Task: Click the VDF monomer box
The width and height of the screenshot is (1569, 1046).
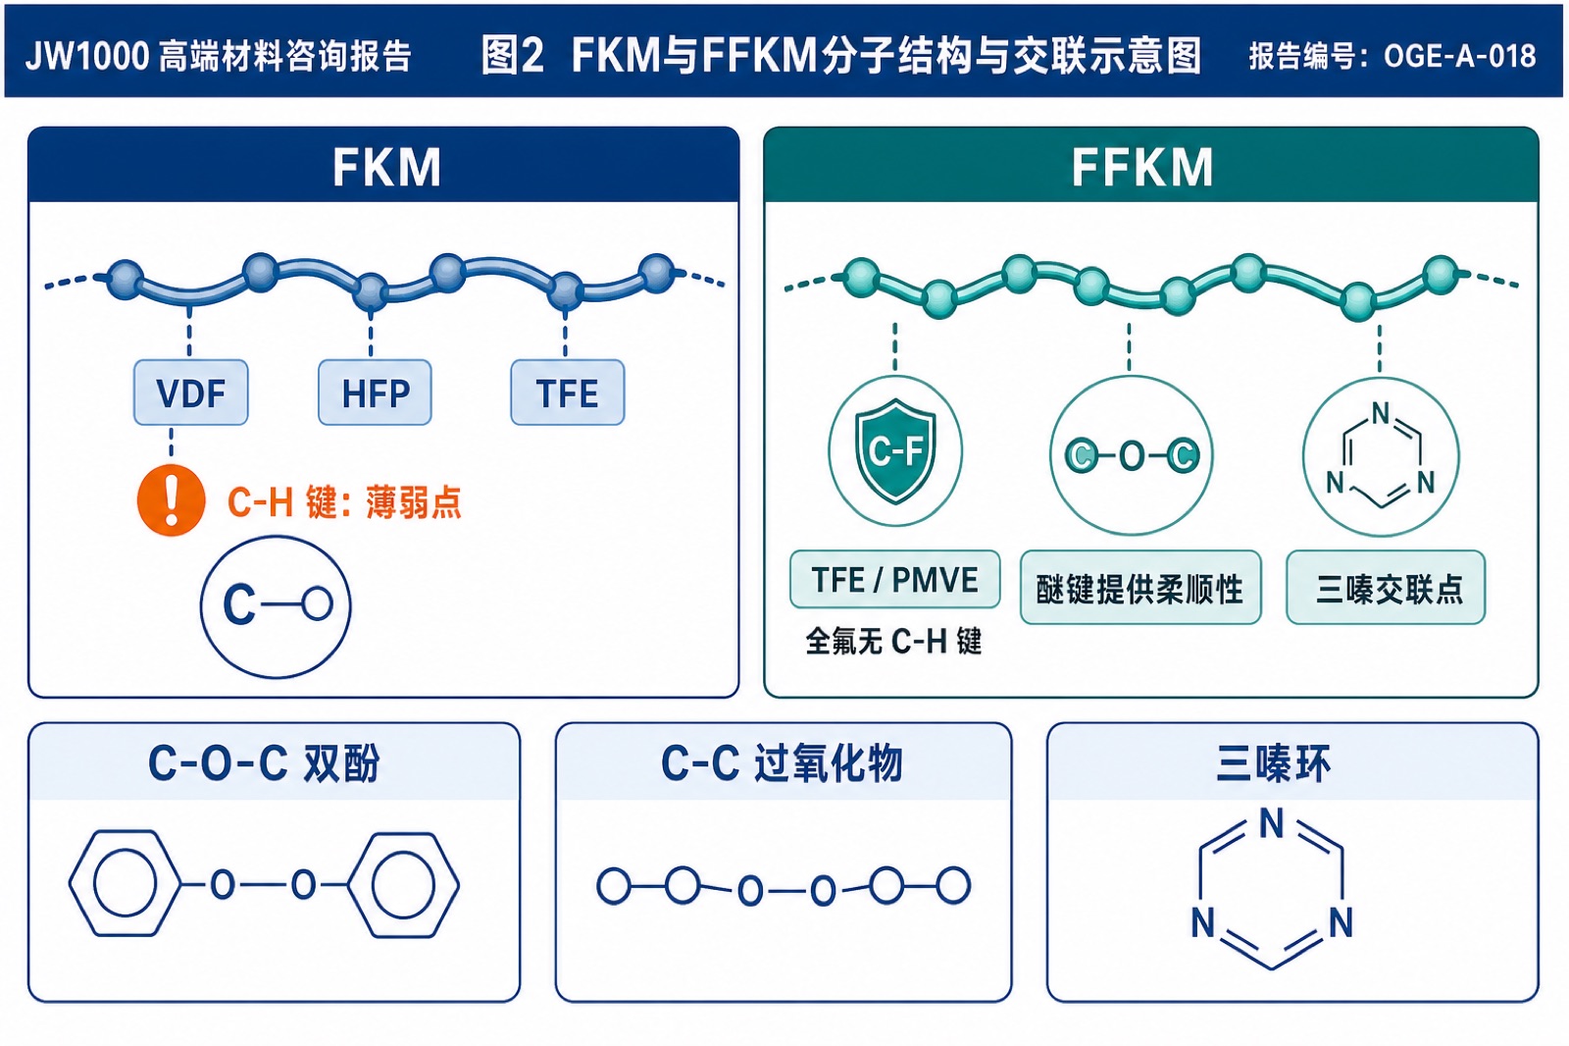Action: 190,392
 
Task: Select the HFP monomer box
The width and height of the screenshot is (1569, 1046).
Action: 375,392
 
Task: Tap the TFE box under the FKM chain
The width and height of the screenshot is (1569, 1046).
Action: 568,392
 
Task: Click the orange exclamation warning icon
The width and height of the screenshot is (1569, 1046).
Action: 171,500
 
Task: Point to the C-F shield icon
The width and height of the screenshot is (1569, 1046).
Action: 895,451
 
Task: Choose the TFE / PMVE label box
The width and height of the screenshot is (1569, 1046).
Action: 894,580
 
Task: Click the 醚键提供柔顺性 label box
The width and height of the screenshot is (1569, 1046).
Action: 1140,588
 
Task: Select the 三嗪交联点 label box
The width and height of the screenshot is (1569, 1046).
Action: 1386,588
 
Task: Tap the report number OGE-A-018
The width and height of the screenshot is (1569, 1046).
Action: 1460,56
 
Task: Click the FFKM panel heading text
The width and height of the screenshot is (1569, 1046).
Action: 1141,167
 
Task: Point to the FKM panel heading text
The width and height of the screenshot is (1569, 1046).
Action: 386,167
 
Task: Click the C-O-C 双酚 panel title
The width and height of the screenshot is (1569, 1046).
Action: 264,762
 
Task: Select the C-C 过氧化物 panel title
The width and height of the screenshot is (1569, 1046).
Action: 782,762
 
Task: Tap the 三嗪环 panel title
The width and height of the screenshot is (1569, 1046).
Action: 1273,762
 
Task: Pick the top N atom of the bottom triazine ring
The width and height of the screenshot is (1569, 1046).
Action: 1272,823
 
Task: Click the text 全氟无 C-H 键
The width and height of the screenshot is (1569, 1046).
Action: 893,641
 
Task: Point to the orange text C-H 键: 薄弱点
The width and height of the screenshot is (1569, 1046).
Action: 344,502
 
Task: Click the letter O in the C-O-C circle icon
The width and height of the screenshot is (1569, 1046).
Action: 1132,456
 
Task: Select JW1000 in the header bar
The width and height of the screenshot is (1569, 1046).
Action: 87,56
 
